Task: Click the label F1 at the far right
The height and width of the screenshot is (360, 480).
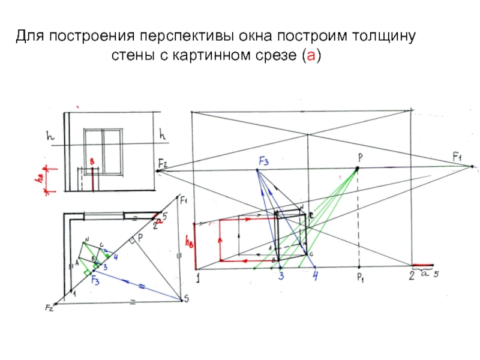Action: (x=459, y=157)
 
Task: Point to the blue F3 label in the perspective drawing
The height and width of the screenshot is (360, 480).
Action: (x=264, y=161)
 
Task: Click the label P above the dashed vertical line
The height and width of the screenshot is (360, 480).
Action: (x=360, y=157)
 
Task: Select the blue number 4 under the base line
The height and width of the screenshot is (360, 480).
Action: (x=316, y=277)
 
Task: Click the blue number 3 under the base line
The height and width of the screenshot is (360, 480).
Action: (x=280, y=277)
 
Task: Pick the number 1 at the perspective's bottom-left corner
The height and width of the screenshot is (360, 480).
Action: (x=197, y=277)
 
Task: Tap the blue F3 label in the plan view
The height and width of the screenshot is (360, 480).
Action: (x=95, y=278)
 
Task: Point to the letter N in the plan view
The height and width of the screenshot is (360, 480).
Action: (x=87, y=239)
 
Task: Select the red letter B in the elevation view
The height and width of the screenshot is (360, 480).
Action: (x=92, y=162)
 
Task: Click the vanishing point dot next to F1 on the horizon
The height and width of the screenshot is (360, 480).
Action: (x=472, y=166)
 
